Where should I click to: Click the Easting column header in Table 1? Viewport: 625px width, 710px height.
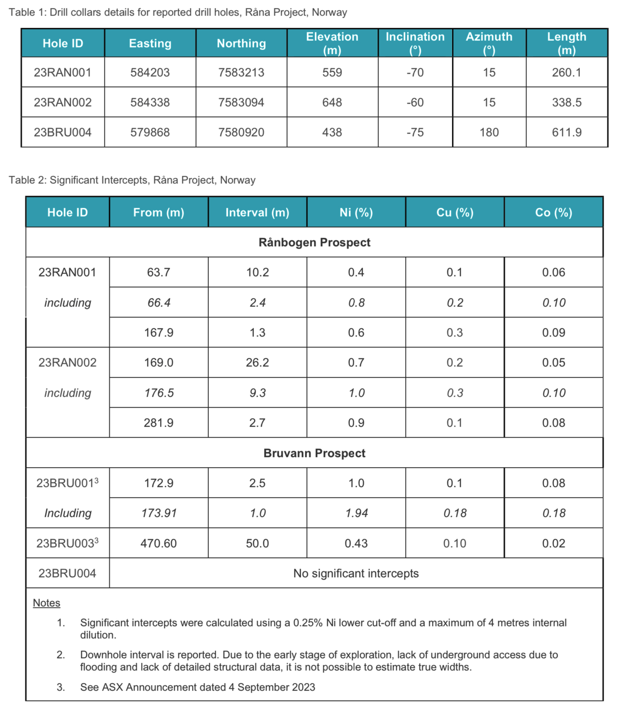tap(150, 43)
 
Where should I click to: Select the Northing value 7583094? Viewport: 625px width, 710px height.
tap(241, 102)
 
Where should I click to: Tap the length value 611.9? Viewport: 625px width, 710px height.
tap(566, 132)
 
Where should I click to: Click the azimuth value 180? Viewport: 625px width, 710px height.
tap(489, 132)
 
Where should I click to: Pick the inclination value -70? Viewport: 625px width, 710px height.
tap(415, 73)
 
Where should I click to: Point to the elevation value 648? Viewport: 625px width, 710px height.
tap(332, 102)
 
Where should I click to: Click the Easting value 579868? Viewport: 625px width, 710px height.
tap(150, 132)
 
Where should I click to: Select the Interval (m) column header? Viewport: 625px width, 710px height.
tap(257, 212)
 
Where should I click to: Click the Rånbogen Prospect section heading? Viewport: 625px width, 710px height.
tap(314, 242)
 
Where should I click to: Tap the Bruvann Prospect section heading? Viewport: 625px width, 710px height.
tap(314, 453)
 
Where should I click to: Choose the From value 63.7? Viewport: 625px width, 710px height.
tap(158, 272)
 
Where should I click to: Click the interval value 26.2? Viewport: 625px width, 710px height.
tap(257, 363)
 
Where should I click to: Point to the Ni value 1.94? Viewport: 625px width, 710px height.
tap(356, 513)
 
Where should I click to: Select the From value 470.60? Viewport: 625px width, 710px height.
tap(158, 543)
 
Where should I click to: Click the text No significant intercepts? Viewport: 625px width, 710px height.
tap(356, 573)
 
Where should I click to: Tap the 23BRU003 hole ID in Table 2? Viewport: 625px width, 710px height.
tap(67, 543)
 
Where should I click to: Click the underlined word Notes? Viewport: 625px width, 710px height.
tap(46, 603)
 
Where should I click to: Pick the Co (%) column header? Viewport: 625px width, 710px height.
tap(553, 212)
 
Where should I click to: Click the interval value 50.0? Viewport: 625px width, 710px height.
tap(257, 543)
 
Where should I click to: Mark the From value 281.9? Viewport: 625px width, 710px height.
tap(158, 423)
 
